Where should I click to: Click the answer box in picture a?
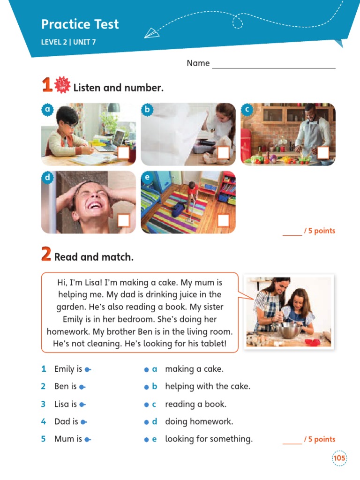click(x=124, y=153)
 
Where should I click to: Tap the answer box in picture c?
click(x=323, y=153)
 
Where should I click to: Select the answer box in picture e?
click(x=224, y=220)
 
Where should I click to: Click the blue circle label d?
click(x=47, y=178)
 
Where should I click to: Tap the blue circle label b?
click(x=147, y=110)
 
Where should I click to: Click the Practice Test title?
click(x=80, y=24)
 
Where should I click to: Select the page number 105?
click(x=339, y=458)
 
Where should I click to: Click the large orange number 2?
click(x=46, y=255)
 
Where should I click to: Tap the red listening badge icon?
click(x=62, y=85)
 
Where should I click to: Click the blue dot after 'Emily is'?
click(x=87, y=370)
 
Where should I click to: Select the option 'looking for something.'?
click(x=209, y=439)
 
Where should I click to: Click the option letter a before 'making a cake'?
click(x=154, y=369)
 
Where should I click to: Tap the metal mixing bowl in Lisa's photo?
click(x=288, y=330)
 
